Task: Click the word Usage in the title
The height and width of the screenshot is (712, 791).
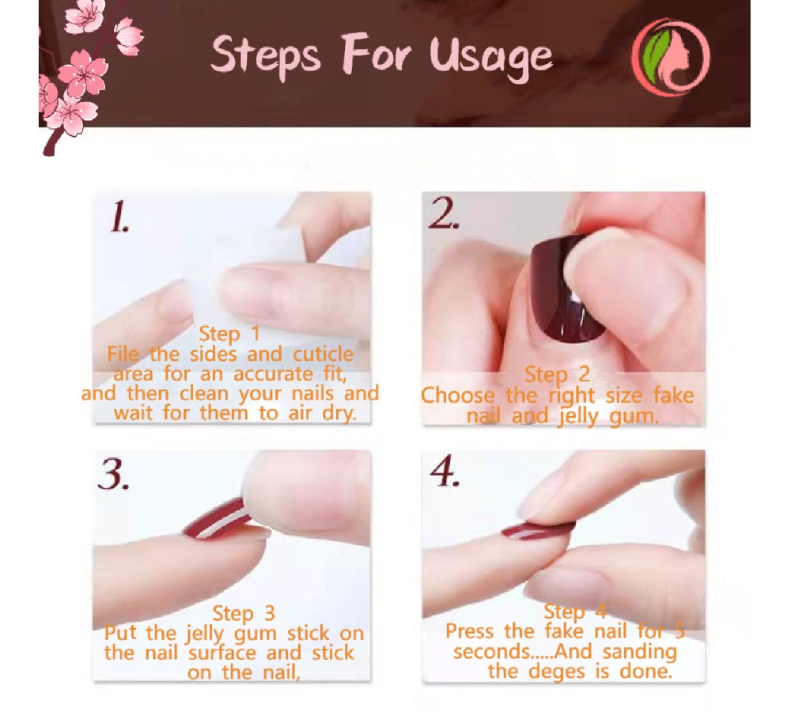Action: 491,57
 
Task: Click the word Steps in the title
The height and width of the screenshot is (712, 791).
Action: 265,55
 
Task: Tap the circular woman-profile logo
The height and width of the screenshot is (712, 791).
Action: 671,56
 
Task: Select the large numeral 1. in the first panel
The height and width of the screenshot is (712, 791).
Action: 119,217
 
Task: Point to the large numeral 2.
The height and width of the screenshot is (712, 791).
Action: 444,213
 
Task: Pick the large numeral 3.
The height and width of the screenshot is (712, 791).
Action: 113,475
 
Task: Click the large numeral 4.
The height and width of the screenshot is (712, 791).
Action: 445,471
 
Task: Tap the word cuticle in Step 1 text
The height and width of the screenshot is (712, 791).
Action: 324,354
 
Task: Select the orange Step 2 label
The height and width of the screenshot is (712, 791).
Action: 557,375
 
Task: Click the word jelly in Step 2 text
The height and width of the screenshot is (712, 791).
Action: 577,417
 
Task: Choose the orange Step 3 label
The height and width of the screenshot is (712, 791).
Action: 244,614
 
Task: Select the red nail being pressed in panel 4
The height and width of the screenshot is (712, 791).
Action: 538,530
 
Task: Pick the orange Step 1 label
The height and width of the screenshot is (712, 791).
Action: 229,334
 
